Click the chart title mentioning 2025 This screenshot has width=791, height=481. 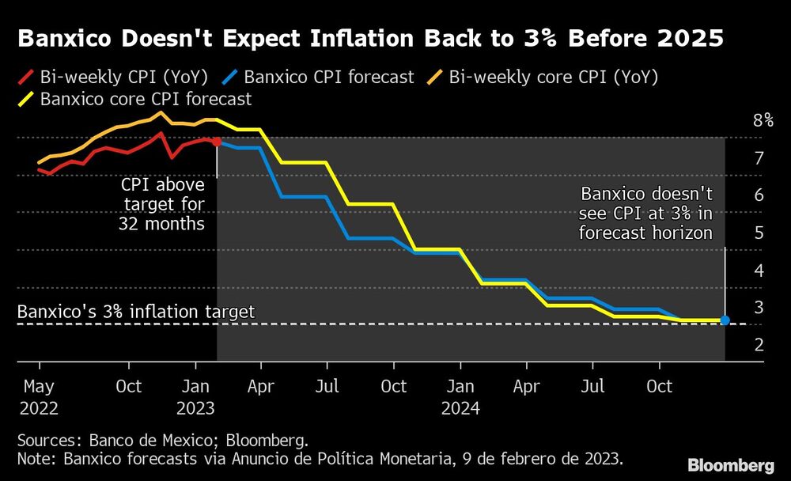coord(370,39)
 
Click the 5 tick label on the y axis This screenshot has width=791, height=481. coord(759,233)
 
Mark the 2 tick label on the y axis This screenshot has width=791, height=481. coord(759,345)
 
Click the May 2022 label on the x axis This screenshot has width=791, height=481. coord(39,397)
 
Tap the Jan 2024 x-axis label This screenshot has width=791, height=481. coord(461,397)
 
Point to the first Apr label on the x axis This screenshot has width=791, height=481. coord(261,387)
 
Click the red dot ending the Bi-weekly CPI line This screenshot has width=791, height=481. coord(217,142)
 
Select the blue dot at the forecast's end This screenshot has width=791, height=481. coord(725,320)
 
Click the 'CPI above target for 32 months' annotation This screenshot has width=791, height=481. coord(162,204)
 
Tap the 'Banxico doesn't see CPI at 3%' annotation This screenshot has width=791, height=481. coord(646,214)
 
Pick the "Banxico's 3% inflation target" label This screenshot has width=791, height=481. coord(135,312)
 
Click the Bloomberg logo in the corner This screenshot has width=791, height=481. coord(730,464)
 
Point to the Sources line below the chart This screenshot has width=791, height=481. coord(162,438)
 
